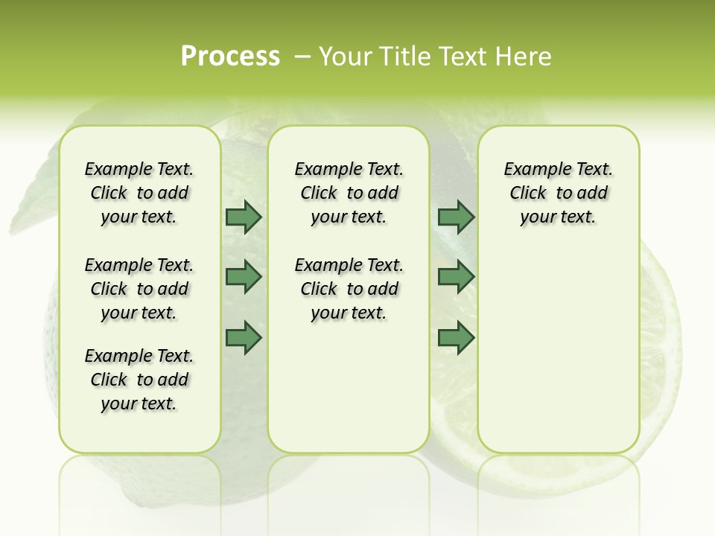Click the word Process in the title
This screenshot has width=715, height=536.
(x=230, y=57)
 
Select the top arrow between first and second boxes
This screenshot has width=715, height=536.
(x=244, y=217)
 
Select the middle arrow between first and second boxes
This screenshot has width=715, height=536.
(x=244, y=277)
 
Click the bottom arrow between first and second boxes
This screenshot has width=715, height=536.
(x=244, y=337)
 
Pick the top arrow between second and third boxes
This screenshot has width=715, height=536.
(x=456, y=217)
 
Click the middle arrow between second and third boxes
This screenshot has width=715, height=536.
(x=456, y=277)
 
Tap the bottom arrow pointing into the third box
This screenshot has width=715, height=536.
(x=456, y=337)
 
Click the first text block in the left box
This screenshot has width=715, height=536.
(x=139, y=193)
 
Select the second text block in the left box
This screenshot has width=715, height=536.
(x=139, y=289)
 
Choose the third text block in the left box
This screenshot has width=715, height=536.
(x=139, y=380)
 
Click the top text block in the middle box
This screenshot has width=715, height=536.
(x=349, y=193)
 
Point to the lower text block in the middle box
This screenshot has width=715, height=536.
(x=349, y=289)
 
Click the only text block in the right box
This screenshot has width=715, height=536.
(x=558, y=193)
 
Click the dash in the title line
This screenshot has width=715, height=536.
(x=302, y=57)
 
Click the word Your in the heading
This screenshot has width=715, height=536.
(x=339, y=57)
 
